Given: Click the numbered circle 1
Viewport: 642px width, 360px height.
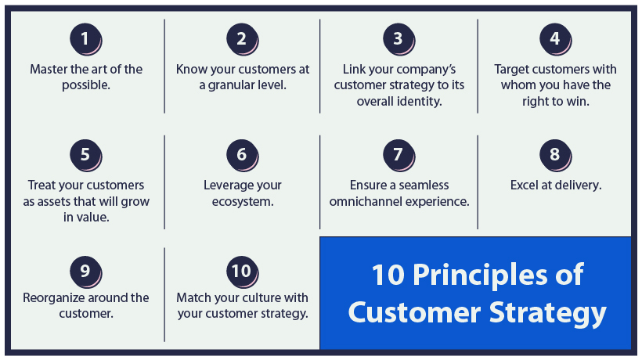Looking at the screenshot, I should pos(85,38).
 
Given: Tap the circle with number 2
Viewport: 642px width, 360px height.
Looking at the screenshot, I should pos(242,38).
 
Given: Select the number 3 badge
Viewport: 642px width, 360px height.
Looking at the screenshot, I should pos(398,38).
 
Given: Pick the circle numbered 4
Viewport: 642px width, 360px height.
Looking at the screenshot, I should pos(555,38).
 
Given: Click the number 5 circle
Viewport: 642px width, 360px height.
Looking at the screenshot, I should pos(85,154).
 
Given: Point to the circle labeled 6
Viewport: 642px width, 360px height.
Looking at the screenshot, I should pos(242,154).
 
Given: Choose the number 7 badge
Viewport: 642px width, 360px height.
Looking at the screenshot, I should pos(398,154).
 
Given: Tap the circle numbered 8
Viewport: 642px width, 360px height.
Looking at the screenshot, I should pos(555,154).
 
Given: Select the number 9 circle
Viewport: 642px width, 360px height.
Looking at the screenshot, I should pos(85,270).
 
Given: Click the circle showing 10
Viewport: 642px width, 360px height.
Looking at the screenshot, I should pos(242,270).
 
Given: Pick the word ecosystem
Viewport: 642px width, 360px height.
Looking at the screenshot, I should pos(242,201).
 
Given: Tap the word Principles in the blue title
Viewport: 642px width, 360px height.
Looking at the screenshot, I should pos(495,275).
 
